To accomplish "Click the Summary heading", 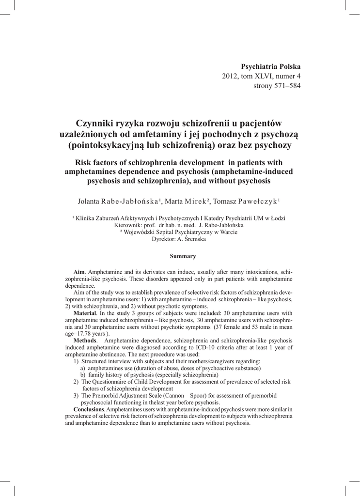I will tap(180, 256).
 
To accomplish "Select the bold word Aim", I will tap(78, 273).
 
